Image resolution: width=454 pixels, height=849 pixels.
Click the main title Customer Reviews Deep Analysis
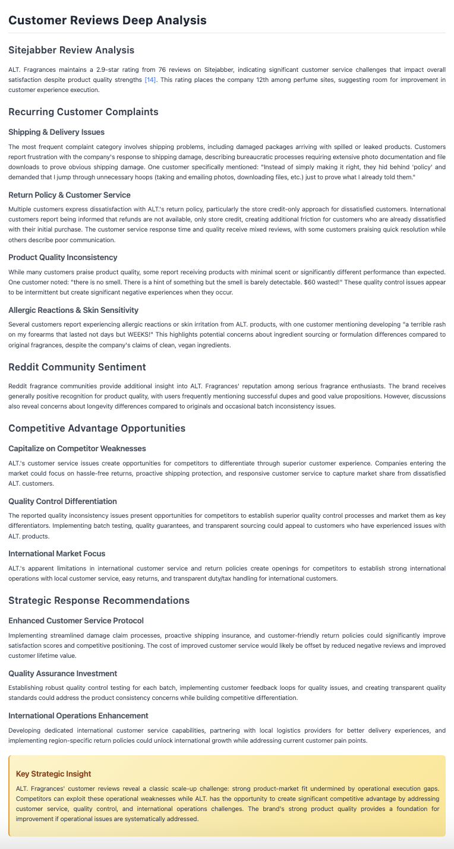coord(108,20)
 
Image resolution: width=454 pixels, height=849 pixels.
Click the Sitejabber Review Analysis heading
coord(71,50)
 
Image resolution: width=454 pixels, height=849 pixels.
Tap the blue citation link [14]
coord(150,80)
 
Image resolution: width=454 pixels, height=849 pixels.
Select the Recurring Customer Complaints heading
coord(83,112)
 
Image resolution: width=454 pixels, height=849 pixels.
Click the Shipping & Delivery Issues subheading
coord(56,132)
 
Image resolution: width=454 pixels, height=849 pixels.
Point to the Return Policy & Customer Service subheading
coord(70,195)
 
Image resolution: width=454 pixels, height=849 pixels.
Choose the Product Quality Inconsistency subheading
coord(63,257)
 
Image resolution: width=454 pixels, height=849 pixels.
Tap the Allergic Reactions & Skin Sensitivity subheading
coord(73,310)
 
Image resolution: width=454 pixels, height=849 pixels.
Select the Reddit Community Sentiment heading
coord(77,367)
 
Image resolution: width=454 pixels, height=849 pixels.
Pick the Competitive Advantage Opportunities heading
coord(97,428)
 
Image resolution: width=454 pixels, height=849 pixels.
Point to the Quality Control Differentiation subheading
coord(62,501)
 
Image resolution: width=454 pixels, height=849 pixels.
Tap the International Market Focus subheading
coord(56,553)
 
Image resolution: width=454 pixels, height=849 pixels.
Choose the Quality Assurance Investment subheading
coord(62,673)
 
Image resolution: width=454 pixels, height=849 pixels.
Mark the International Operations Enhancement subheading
coord(78,715)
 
